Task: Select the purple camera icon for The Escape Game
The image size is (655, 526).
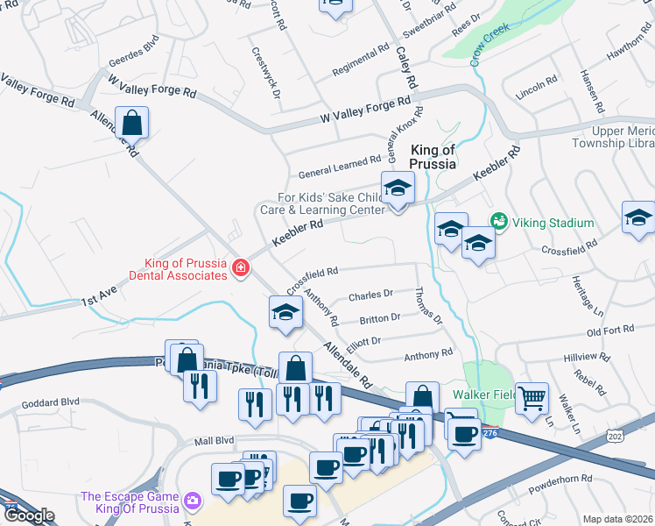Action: click(192, 502)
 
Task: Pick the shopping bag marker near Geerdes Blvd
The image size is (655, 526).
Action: click(131, 123)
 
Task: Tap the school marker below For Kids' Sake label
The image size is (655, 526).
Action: click(398, 188)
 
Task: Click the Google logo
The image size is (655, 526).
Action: click(28, 515)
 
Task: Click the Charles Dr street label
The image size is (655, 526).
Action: click(370, 295)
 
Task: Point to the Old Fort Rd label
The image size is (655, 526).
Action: click(610, 331)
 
